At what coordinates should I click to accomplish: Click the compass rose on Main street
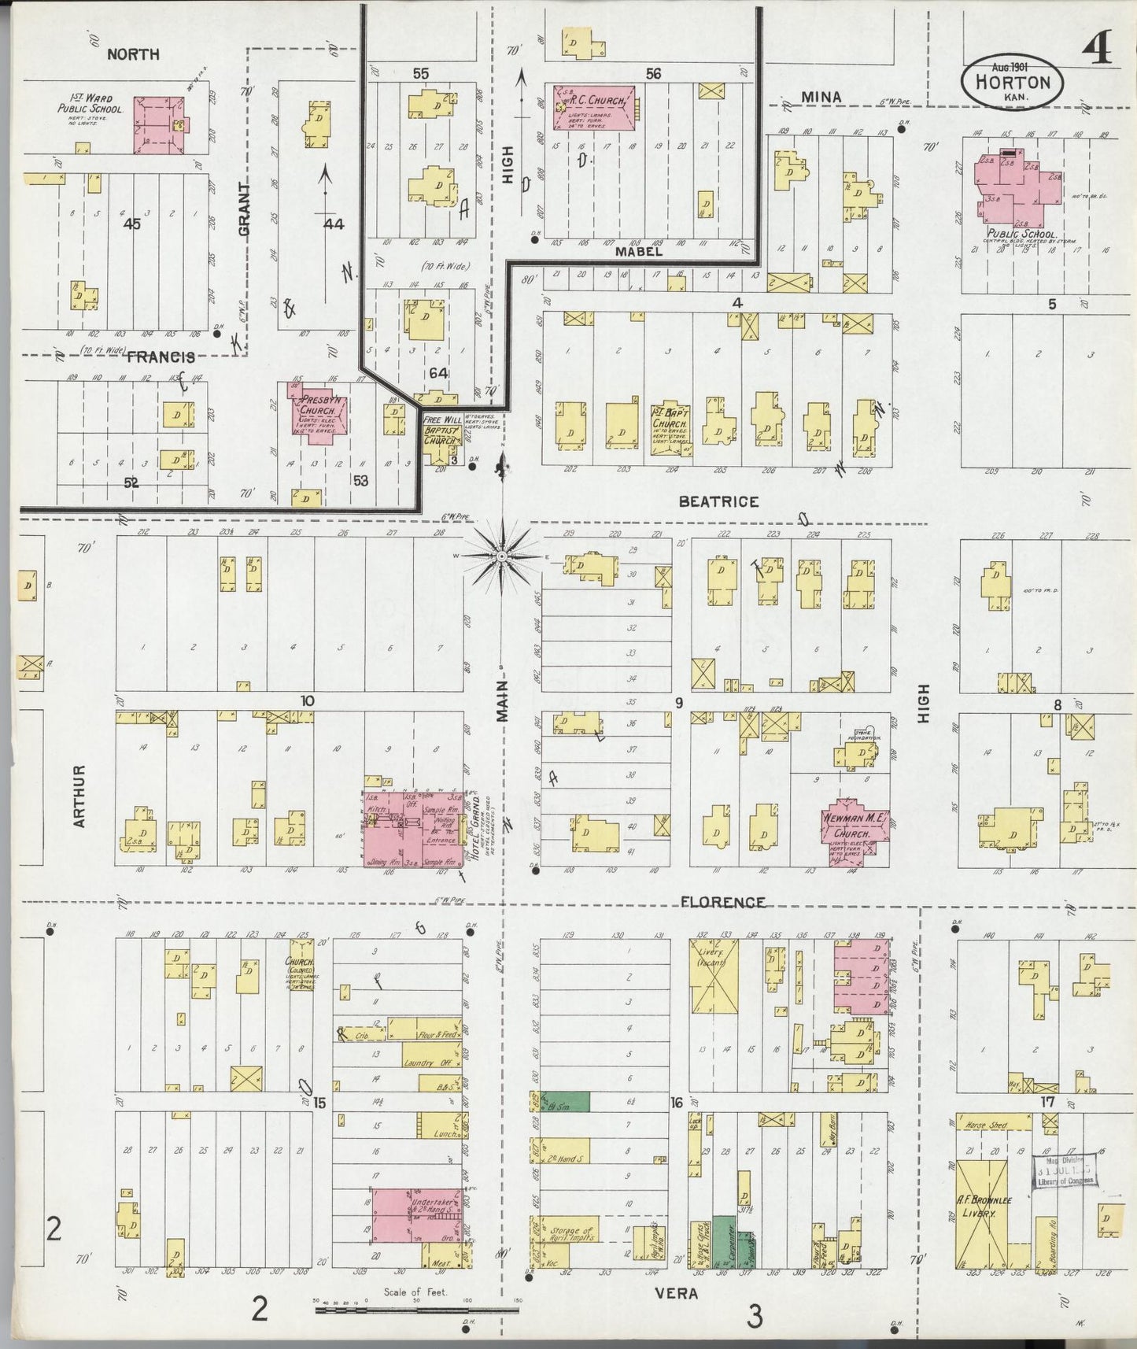point(501,556)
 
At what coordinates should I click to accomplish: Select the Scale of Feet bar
point(415,1310)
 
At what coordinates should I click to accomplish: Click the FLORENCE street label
point(722,902)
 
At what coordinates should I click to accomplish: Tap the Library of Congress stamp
point(1064,1170)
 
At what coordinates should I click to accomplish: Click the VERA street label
point(676,1293)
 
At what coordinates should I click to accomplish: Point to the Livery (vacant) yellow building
point(714,977)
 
